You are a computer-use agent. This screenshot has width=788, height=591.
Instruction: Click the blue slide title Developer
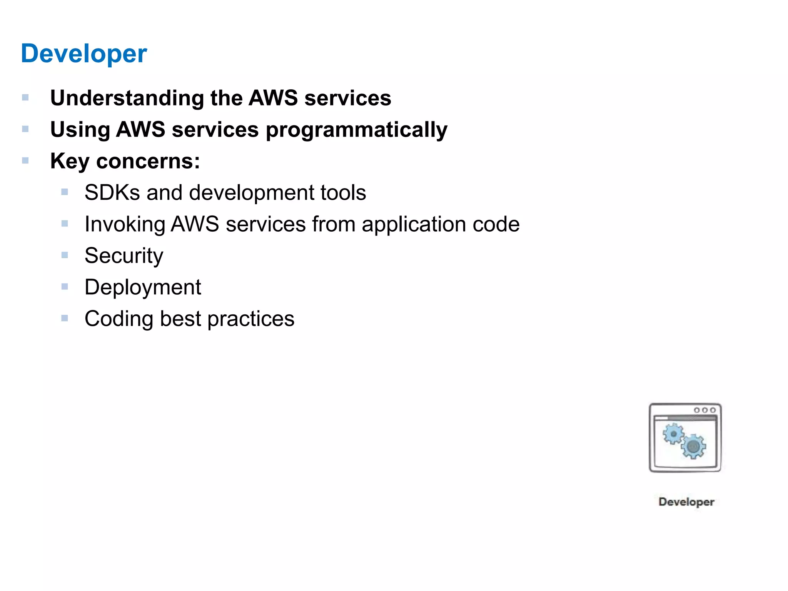pos(84,53)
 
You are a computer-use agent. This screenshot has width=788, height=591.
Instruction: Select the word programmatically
pos(356,130)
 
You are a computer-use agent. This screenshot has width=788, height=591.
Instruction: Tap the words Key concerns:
pos(125,161)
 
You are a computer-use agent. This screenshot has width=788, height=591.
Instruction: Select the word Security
pos(124,256)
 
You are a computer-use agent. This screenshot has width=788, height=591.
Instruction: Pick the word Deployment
pos(143,287)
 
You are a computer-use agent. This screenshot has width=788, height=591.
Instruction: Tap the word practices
pos(251,319)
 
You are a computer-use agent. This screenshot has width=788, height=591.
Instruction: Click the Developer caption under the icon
pos(686,502)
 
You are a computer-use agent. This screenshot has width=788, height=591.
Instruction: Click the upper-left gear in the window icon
pos(673,434)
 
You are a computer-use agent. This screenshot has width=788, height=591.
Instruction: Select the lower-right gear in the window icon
pos(693,446)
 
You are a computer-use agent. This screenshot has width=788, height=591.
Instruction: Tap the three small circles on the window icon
pos(705,410)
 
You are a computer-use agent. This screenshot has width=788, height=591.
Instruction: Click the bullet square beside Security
pos(65,255)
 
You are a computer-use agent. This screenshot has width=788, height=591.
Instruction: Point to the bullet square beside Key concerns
pos(25,160)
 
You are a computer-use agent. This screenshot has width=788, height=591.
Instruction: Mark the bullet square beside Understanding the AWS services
pos(25,97)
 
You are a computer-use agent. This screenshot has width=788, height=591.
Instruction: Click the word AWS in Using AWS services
pos(141,130)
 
